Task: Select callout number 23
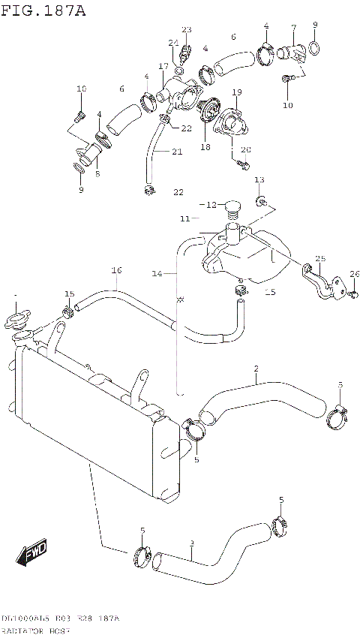186,30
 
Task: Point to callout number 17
163,66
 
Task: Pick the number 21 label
177,152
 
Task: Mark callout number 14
157,275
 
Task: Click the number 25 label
320,259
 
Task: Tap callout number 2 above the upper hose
256,368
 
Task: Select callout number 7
293,28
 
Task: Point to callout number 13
259,180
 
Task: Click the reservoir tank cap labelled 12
232,205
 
